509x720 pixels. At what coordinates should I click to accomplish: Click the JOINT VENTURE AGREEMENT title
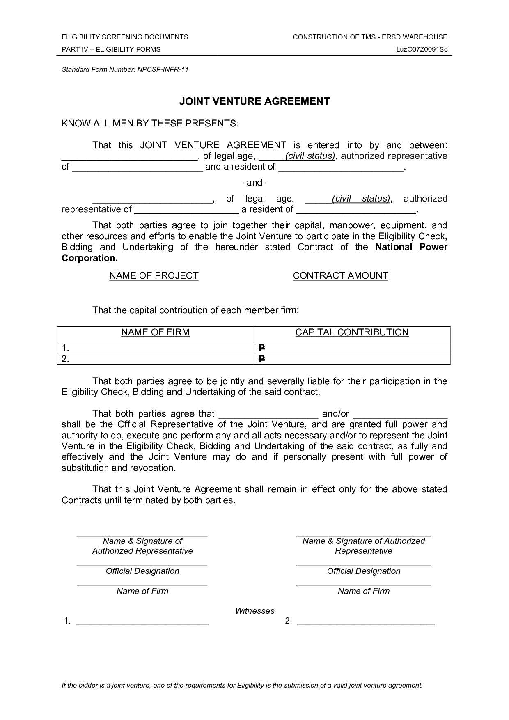[x=254, y=101]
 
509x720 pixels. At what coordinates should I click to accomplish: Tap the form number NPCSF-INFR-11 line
[x=125, y=69]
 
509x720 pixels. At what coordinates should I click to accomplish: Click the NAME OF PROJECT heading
[x=154, y=276]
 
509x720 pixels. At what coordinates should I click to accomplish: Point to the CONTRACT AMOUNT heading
[x=340, y=276]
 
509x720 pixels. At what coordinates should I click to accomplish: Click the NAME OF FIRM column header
[x=155, y=332]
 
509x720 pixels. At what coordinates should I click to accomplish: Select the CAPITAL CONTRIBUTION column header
[x=352, y=332]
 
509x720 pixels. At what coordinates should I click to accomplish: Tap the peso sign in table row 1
[x=261, y=348]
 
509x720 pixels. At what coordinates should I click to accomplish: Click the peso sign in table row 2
[x=261, y=359]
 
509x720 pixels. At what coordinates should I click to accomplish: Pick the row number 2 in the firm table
[x=65, y=359]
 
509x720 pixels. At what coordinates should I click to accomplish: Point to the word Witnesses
[x=254, y=611]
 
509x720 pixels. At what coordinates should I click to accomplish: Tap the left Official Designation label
[x=142, y=571]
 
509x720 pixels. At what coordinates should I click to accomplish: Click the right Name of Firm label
[x=363, y=591]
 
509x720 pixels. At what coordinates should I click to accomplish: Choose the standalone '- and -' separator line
[x=254, y=182]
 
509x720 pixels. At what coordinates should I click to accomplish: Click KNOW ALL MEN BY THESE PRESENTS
[x=150, y=124]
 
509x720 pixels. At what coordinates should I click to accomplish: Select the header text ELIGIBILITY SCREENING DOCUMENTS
[x=125, y=37]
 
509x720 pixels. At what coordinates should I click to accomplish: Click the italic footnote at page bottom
[x=242, y=685]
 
